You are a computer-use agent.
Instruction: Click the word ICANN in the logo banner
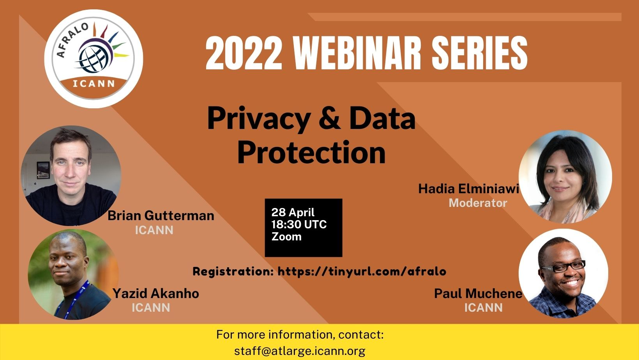(94, 84)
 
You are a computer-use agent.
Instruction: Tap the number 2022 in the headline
(244, 53)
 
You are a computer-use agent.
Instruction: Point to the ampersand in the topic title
(330, 118)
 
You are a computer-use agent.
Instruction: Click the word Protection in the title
(312, 153)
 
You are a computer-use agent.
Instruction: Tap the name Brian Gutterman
(161, 216)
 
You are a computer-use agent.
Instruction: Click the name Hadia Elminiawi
(468, 189)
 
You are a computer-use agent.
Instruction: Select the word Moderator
(478, 203)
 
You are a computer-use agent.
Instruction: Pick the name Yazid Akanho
(156, 293)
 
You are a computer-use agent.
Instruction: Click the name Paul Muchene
(478, 293)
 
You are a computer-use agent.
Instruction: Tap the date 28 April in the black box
(293, 212)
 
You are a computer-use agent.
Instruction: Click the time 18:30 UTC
(299, 224)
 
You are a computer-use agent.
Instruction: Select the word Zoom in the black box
(286, 236)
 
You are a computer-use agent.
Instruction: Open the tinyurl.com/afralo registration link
(362, 271)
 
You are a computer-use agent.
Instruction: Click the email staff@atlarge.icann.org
(300, 351)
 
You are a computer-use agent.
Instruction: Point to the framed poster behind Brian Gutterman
(43, 170)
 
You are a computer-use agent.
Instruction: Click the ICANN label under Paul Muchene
(484, 307)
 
